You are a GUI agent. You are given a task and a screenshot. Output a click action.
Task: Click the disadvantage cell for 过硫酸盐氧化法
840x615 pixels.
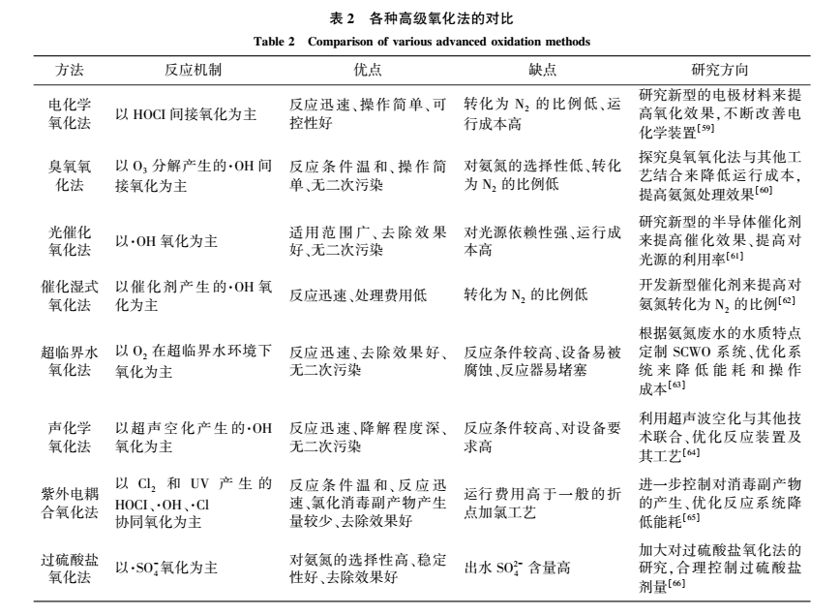coord(524,569)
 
